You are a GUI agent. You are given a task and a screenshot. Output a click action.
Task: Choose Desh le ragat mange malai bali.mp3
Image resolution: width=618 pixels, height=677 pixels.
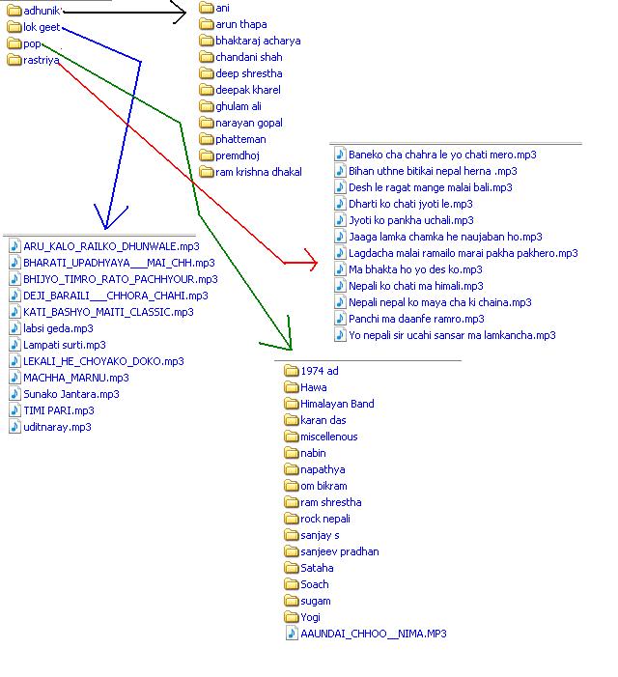pos(430,187)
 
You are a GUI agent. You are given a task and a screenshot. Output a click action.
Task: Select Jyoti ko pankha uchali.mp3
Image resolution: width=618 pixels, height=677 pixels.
pos(410,220)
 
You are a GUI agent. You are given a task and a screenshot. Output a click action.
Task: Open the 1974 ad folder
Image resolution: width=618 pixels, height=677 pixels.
pos(319,371)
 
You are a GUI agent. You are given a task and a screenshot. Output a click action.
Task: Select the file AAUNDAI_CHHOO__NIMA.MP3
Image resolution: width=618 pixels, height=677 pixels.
pos(373,634)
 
